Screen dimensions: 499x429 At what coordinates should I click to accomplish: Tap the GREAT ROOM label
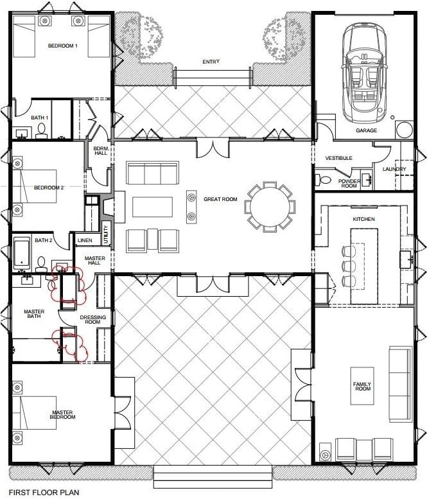(x=220, y=200)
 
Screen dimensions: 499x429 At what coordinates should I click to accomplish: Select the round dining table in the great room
(x=270, y=207)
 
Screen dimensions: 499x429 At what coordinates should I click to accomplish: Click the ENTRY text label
(x=210, y=62)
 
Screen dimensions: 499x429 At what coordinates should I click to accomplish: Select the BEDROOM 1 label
(x=62, y=46)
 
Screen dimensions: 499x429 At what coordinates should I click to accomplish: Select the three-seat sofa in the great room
(x=152, y=173)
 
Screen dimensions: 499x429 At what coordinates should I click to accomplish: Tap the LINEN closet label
(x=84, y=241)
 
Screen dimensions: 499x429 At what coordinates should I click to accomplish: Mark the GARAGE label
(x=367, y=130)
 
